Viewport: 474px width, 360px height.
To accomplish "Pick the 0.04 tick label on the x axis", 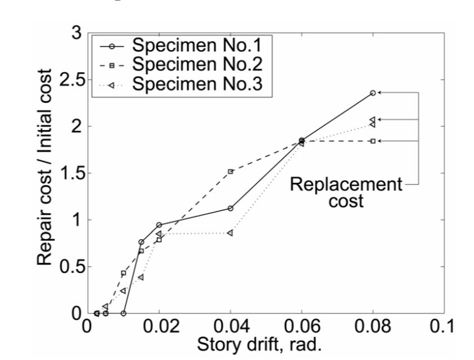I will click(x=229, y=327).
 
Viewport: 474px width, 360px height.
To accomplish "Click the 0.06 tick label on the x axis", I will click(x=301, y=327).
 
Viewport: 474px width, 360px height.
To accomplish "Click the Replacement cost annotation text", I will click(x=346, y=192).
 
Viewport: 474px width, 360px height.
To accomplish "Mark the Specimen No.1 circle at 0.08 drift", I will click(x=373, y=93).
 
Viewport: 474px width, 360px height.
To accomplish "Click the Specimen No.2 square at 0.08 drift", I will click(x=373, y=141).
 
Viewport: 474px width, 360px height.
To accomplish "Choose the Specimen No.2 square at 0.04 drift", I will click(x=231, y=172).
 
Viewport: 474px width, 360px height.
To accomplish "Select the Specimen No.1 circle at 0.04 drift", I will click(x=231, y=209).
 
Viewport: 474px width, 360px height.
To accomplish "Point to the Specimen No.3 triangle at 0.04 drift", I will click(x=230, y=233).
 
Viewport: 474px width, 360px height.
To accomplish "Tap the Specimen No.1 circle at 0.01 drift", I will click(x=123, y=313).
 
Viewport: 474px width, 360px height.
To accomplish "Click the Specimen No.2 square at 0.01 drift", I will click(x=123, y=273).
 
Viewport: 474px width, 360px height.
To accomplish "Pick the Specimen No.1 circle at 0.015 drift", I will click(x=141, y=242).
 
